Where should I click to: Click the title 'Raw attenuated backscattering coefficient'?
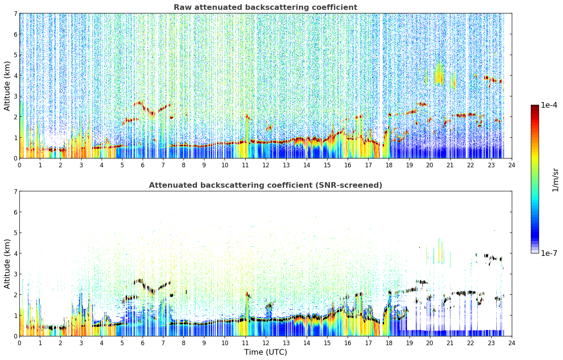coord(265,7)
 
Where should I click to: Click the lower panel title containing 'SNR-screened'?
coord(265,185)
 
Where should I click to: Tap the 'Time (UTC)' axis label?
coord(265,352)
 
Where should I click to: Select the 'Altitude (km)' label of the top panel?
coord(7,86)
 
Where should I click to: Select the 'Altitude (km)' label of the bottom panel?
coord(7,264)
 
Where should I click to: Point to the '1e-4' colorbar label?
coord(549,105)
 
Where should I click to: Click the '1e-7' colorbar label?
coord(549,253)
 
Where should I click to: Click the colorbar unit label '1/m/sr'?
coord(555,180)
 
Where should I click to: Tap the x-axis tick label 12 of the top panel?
coord(266,165)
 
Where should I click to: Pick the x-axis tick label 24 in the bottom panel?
coord(512,343)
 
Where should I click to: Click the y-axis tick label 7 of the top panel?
coord(15,13)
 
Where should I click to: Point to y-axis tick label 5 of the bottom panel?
coord(15,233)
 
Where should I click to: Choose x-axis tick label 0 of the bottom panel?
coord(20,343)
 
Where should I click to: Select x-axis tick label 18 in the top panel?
coord(389,165)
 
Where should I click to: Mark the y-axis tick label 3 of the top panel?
coord(15,96)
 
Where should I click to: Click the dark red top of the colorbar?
coord(535,107)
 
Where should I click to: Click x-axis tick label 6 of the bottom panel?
coord(143,343)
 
